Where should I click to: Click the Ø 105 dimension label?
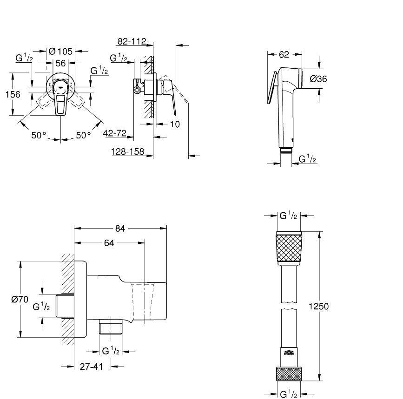(x=61, y=51)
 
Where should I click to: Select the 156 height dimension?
(x=13, y=94)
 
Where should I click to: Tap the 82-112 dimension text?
(x=132, y=42)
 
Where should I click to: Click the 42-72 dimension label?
(x=115, y=133)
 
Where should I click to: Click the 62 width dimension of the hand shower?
(x=284, y=54)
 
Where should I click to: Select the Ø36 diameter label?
(x=318, y=79)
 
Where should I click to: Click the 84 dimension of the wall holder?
(x=120, y=228)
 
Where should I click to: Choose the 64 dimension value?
(x=109, y=242)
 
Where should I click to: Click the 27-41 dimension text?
(x=91, y=366)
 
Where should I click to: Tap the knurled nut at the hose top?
(x=289, y=248)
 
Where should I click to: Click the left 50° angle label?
(x=39, y=135)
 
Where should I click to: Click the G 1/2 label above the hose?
(x=288, y=216)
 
